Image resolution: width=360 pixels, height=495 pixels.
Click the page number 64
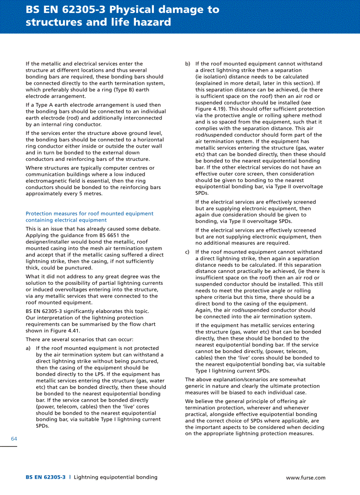click(14, 439)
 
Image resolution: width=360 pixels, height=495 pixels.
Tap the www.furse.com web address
click(305, 477)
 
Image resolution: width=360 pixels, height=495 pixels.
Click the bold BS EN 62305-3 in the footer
click(45, 477)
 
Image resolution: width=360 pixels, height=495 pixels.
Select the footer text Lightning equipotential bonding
click(115, 477)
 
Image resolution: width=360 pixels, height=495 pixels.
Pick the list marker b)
click(188, 64)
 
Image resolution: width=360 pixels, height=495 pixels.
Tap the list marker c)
click(188, 252)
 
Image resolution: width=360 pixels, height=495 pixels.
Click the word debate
click(150, 229)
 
